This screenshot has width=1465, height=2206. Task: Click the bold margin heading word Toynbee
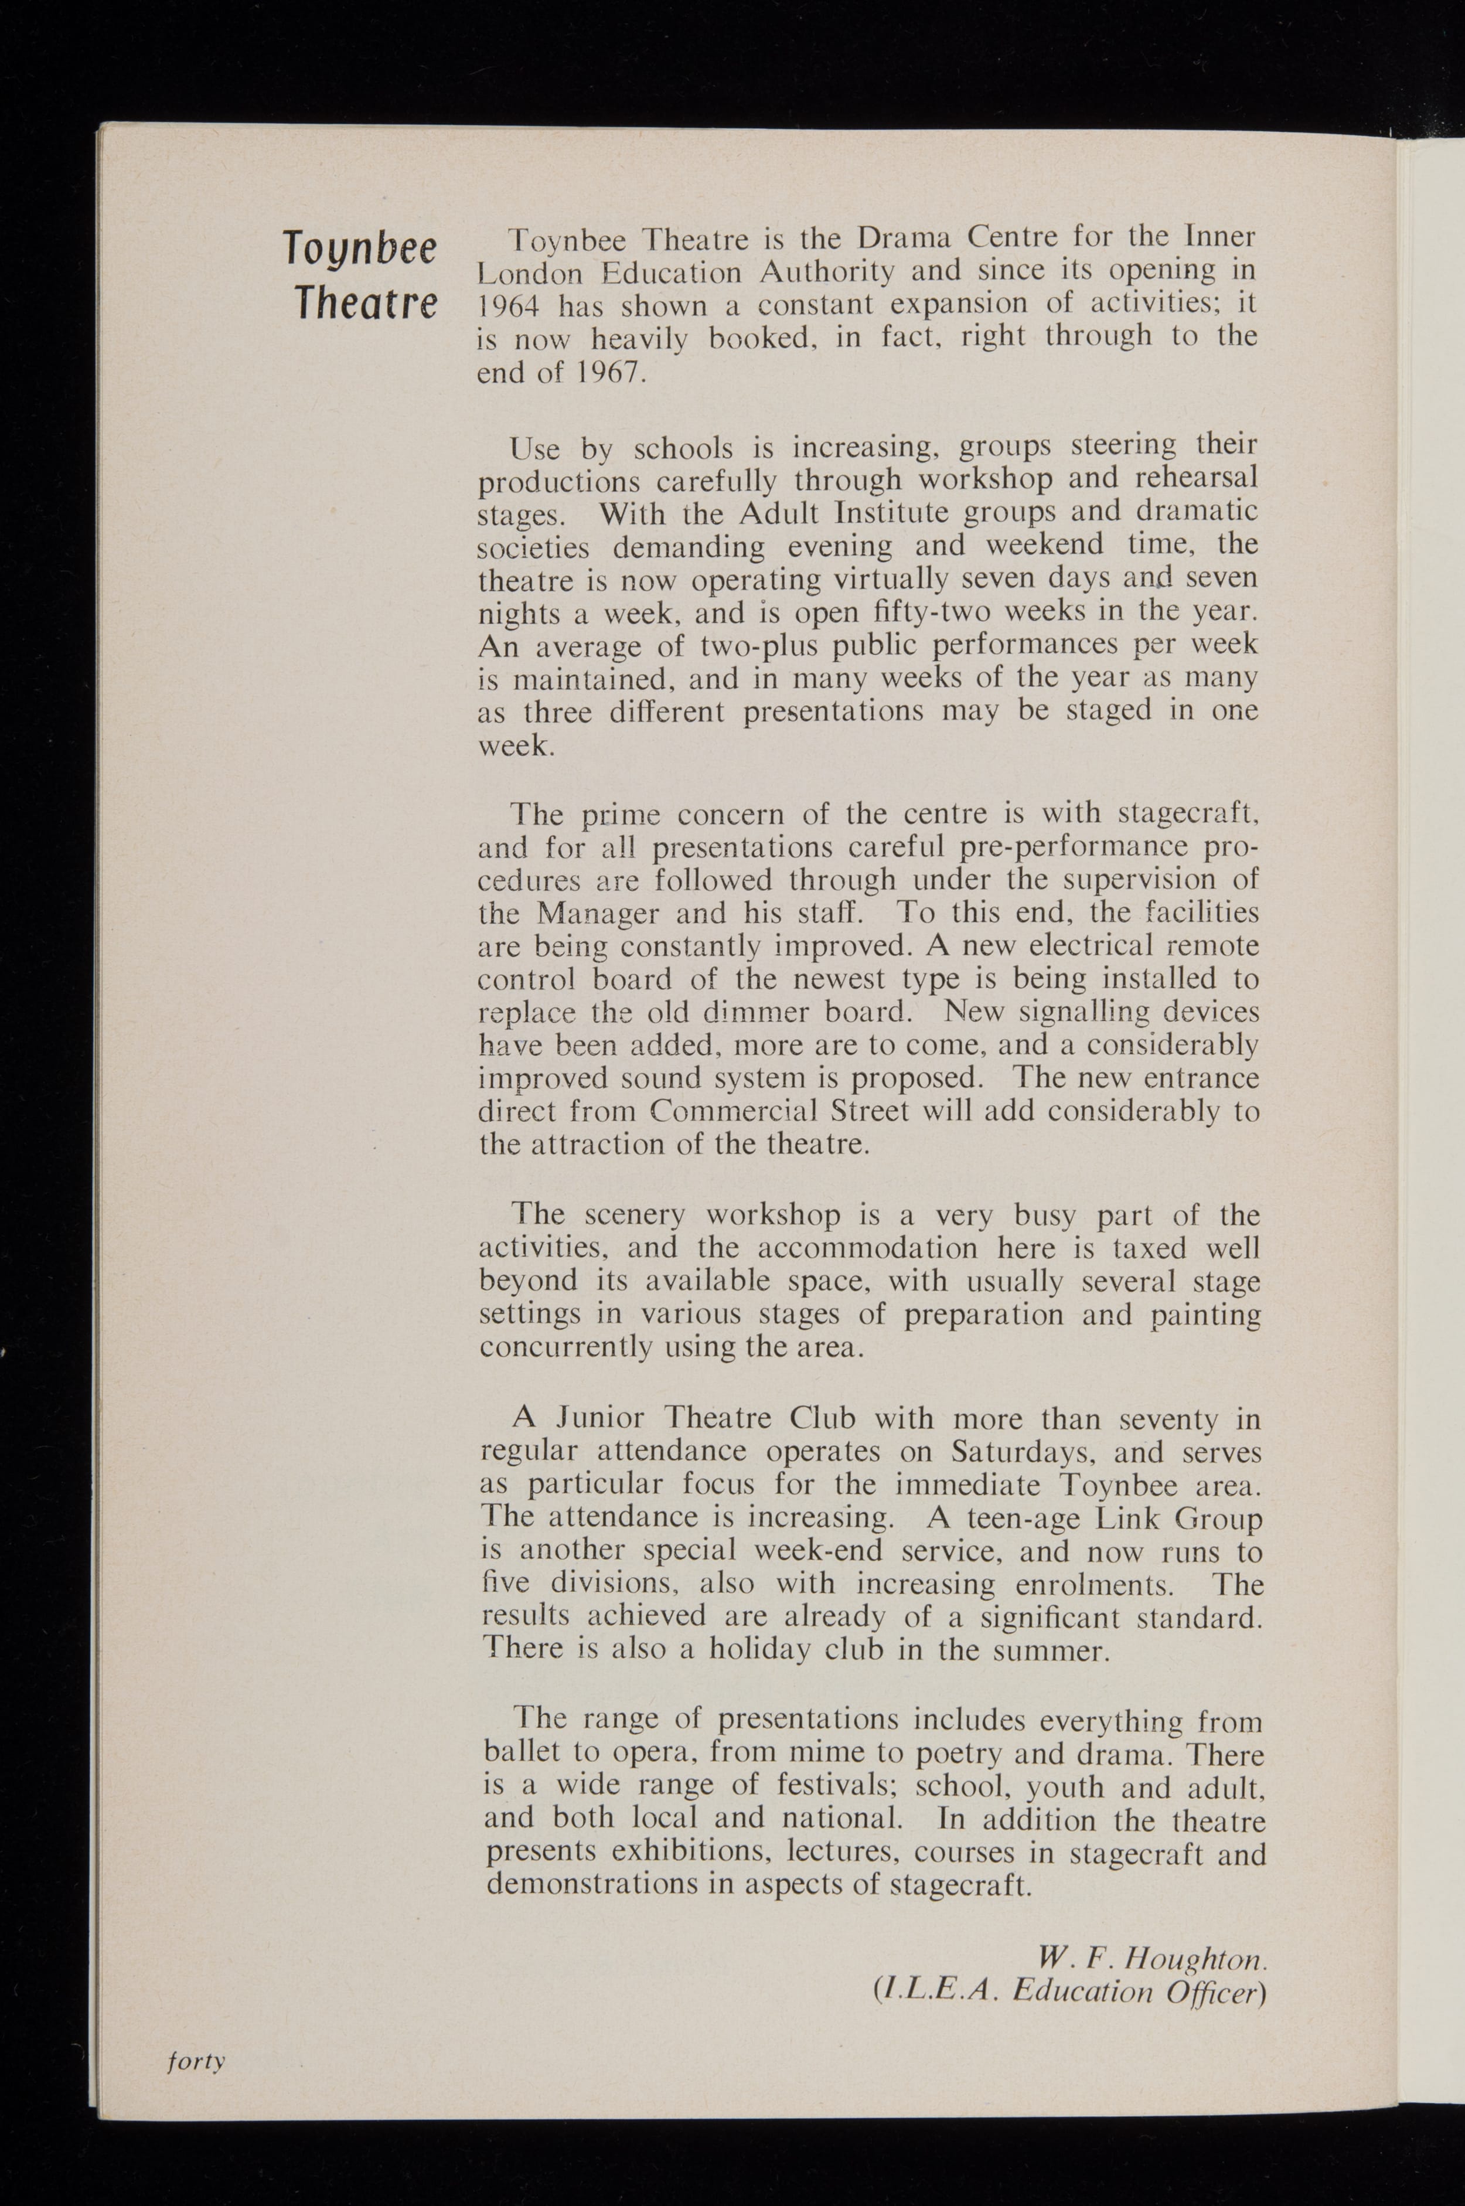pyautogui.click(x=360, y=250)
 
